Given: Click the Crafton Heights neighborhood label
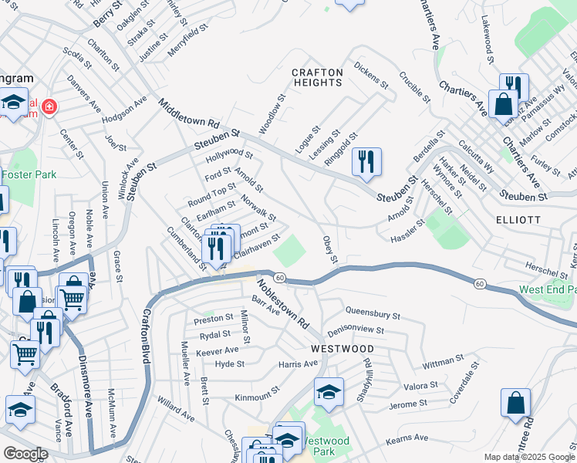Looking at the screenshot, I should [317, 78].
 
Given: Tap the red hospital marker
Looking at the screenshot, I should [49, 106].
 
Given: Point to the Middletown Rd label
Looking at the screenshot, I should [190, 113].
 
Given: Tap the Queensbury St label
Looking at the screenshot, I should [373, 315].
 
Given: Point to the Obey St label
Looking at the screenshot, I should [330, 249].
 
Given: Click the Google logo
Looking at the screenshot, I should [25, 454].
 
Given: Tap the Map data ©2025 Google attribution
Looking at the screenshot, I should [529, 457].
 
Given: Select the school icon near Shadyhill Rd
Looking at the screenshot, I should [329, 392].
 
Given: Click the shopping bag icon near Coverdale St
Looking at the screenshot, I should [515, 402].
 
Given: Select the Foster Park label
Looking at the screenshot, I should [27, 174].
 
